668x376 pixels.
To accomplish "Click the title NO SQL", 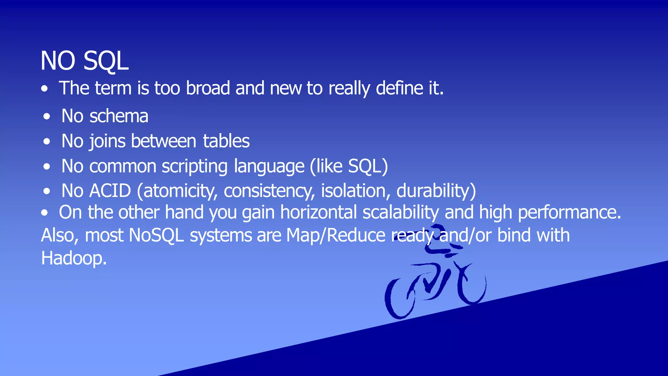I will click(84, 61).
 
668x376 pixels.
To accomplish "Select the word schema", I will click(119, 116).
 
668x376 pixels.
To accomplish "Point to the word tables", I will click(226, 141).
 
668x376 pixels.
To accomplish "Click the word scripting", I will click(195, 166).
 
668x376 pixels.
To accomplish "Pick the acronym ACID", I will click(110, 191).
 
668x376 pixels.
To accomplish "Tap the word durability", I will click(436, 191).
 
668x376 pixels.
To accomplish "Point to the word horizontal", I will click(318, 212).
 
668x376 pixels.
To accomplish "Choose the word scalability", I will click(401, 212).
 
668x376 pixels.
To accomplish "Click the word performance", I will click(569, 212).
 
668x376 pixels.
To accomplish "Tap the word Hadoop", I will click(74, 258).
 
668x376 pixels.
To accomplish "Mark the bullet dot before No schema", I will click(47, 117).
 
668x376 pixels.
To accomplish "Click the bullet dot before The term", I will click(45, 89).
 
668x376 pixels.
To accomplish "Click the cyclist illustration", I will click(435, 277).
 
